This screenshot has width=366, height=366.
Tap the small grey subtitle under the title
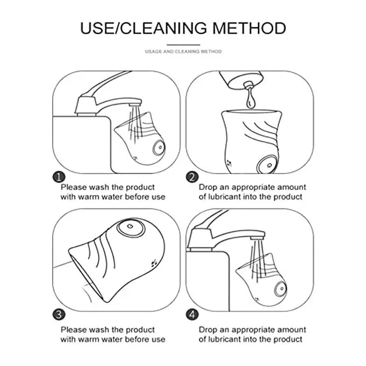[183, 51]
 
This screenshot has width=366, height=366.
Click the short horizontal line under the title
[183, 45]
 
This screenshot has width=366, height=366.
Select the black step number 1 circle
[59, 177]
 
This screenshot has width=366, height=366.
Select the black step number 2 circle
[192, 177]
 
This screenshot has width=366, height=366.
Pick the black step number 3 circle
[59, 314]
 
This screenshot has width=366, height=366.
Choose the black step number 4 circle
[192, 314]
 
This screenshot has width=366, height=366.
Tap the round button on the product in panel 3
[131, 228]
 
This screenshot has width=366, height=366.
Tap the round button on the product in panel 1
[159, 148]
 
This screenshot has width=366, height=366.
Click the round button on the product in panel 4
[280, 289]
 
